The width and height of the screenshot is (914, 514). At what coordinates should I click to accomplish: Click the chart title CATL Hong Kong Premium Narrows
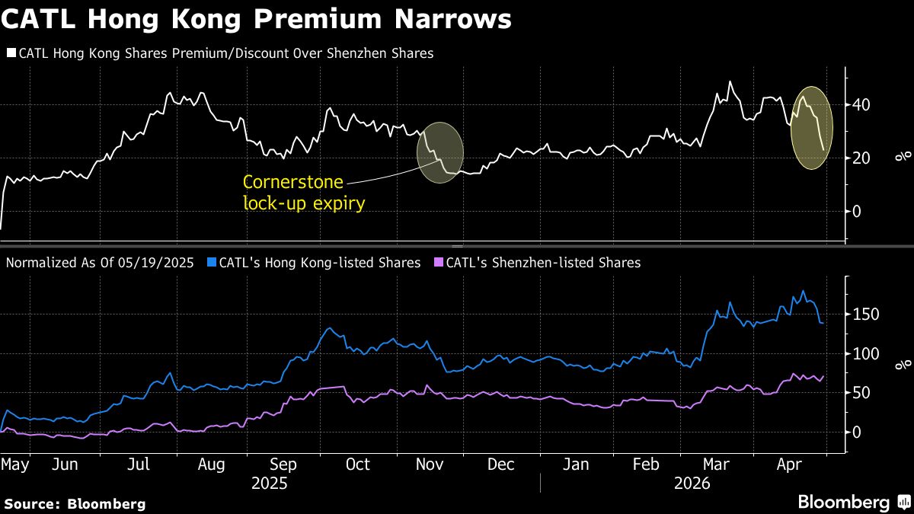point(256,20)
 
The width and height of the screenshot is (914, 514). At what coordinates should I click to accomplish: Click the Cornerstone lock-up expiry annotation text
point(293,192)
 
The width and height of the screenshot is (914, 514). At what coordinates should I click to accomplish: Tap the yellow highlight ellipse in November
point(440,152)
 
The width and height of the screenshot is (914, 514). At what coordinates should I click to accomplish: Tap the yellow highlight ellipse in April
point(812,127)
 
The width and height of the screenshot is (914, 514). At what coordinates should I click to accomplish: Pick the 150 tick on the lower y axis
point(867,314)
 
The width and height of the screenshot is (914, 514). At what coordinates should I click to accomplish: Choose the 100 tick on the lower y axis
point(867,354)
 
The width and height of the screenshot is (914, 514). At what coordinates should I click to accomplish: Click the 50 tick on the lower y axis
point(863,393)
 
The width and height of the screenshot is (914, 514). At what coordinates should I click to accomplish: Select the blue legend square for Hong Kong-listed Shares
point(211,263)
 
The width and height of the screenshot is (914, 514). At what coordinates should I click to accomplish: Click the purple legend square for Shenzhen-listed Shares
point(438,263)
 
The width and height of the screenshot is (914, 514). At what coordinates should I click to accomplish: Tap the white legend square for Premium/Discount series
point(11,54)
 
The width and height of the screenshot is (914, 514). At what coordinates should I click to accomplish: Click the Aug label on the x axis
point(210,465)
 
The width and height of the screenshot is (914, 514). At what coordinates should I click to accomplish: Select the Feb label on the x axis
point(646,465)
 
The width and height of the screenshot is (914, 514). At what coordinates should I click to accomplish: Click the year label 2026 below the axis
point(692,484)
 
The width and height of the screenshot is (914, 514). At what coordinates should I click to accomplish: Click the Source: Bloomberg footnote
point(75,503)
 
